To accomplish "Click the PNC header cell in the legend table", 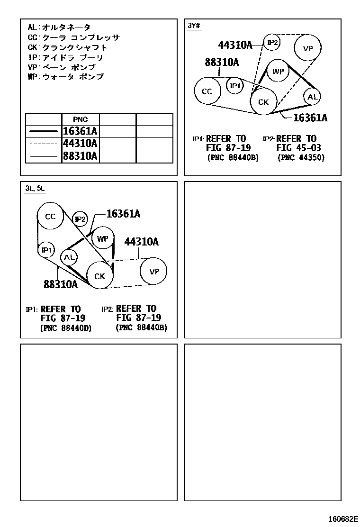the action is (80, 119).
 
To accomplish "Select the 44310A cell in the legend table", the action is (80, 144).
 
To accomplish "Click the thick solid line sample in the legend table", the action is (44, 131).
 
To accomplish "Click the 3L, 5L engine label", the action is (35, 188).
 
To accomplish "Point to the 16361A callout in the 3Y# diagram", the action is (310, 118).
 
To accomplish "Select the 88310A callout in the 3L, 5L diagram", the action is (61, 285).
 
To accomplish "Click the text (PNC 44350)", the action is (301, 157).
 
